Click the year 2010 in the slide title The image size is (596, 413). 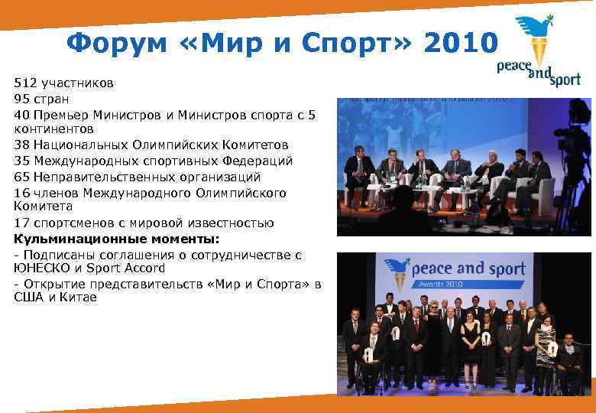[454, 44]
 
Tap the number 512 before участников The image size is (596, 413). [25, 82]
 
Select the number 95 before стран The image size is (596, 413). [22, 98]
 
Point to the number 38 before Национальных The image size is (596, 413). [22, 145]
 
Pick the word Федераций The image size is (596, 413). [255, 161]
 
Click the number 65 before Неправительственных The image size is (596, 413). [22, 176]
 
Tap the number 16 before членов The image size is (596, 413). [22, 193]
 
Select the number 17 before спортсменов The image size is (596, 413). [22, 223]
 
